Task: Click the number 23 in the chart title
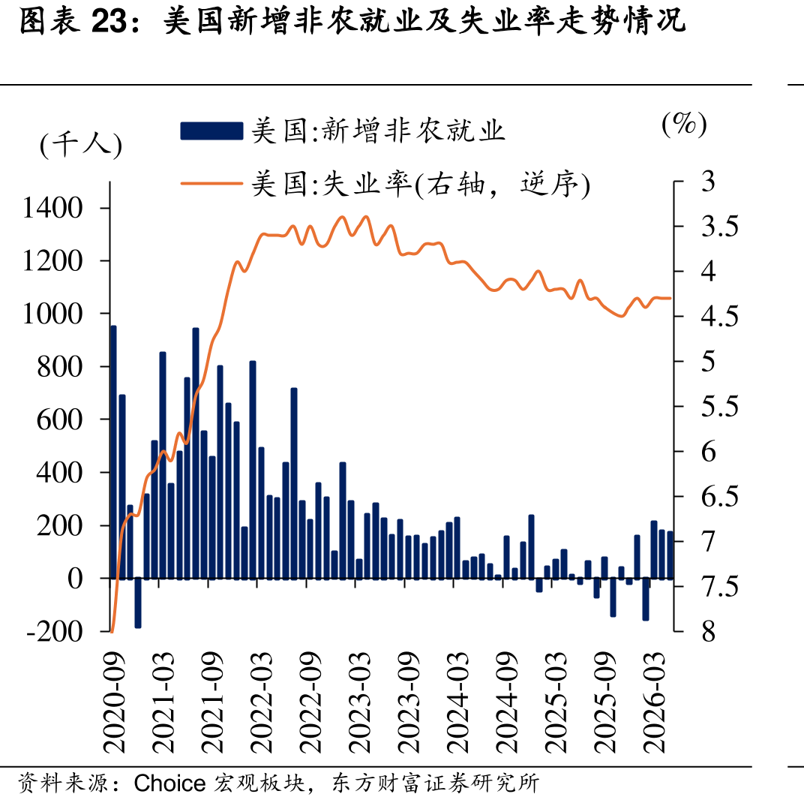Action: click(x=109, y=22)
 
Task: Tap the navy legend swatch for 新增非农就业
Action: click(x=211, y=131)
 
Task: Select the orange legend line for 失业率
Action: click(x=211, y=183)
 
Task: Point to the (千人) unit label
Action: click(x=81, y=144)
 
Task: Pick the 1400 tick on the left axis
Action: click(x=52, y=208)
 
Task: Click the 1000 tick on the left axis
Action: click(x=52, y=314)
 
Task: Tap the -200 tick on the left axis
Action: click(x=55, y=631)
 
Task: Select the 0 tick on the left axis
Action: click(x=75, y=579)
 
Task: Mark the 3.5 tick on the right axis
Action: click(x=720, y=226)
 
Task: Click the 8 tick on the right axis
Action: click(x=709, y=631)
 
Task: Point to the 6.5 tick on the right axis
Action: click(x=720, y=497)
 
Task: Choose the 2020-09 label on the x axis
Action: click(x=113, y=702)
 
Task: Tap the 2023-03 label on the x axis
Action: click(x=359, y=702)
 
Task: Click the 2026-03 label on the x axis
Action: click(x=654, y=702)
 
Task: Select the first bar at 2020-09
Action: click(x=113, y=453)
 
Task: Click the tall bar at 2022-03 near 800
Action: click(x=253, y=470)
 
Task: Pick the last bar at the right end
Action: click(x=670, y=555)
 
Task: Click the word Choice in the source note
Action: click(x=169, y=783)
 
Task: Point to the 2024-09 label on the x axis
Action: click(x=506, y=702)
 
